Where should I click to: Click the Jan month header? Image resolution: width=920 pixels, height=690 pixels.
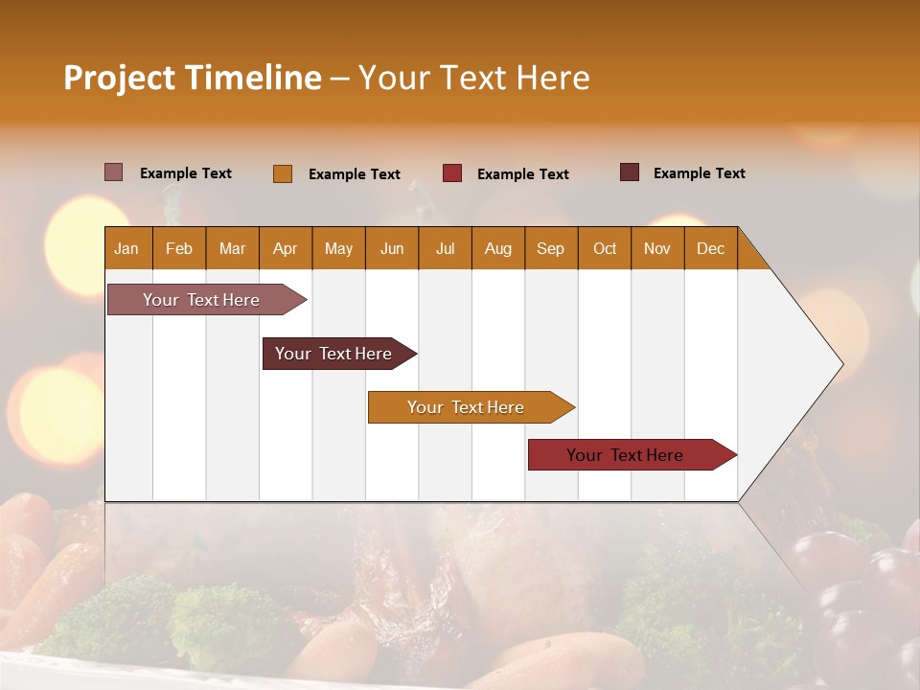(127, 248)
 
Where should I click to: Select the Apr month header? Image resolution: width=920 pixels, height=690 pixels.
(286, 248)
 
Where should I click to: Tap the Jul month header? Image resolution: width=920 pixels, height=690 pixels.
(446, 248)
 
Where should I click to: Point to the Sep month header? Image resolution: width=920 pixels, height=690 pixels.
(551, 248)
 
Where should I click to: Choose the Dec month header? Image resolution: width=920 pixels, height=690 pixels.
(711, 248)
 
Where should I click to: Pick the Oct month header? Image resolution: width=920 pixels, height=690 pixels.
(605, 248)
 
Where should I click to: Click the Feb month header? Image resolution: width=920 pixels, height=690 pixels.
(179, 248)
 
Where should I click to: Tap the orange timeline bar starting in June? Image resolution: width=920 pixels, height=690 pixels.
(467, 407)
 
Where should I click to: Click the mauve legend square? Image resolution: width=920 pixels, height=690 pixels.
(113, 172)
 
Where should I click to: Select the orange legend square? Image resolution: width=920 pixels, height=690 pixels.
(283, 173)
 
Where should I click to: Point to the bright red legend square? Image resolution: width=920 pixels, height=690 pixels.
(452, 172)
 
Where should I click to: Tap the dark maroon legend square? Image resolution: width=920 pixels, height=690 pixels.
(630, 172)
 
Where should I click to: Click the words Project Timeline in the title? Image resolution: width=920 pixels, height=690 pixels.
(192, 78)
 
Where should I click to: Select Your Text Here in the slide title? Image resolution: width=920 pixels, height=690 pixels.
(473, 78)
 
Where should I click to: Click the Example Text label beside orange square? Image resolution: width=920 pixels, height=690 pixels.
(355, 174)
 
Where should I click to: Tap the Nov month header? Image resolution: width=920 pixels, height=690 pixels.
(657, 248)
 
